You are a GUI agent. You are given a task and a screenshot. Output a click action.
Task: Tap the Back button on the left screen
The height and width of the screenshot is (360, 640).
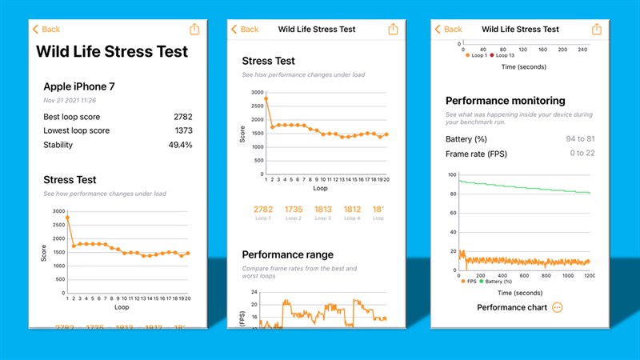click(x=46, y=29)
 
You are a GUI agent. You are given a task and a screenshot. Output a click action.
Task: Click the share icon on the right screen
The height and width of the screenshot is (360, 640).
click(x=596, y=29)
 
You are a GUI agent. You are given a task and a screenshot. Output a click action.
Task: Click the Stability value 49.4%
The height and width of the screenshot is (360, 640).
click(x=179, y=145)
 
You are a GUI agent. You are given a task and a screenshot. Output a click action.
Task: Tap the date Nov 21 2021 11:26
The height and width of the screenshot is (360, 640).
click(x=70, y=101)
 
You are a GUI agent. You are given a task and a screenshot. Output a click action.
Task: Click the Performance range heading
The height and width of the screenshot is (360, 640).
click(x=288, y=254)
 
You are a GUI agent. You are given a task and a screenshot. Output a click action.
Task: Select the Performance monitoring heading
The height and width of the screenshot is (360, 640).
click(x=505, y=101)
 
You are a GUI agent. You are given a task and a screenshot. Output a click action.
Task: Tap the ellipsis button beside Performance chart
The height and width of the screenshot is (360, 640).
click(x=557, y=307)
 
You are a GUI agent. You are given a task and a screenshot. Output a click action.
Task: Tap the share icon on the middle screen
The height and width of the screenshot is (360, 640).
click(x=393, y=29)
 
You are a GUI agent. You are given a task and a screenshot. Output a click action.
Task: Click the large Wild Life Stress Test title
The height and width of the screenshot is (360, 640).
click(x=112, y=51)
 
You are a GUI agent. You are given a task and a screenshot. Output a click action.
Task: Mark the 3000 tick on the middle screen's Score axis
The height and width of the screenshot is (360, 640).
click(x=256, y=92)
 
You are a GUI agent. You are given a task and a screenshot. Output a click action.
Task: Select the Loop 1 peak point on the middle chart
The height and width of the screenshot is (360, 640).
click(x=266, y=98)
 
